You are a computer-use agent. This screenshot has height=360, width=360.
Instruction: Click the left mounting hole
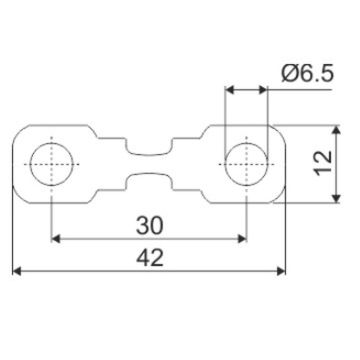[x=50, y=164]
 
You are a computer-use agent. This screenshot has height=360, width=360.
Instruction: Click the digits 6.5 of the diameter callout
[x=315, y=74]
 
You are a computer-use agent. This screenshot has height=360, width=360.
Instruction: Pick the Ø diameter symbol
[x=289, y=74]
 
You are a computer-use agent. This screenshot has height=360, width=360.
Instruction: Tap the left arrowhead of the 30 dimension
[x=56, y=238]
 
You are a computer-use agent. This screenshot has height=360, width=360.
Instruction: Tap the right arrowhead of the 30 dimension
[x=240, y=238]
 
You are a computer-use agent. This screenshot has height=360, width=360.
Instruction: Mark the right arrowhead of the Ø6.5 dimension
[x=262, y=90]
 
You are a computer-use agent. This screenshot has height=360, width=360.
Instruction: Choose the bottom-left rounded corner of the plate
[x=18, y=196]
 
